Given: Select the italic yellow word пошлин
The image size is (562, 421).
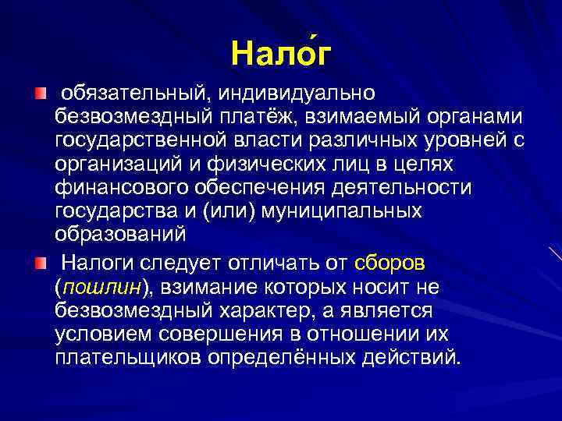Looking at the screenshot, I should [101, 288].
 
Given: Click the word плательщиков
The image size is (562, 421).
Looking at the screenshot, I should [126, 357].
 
